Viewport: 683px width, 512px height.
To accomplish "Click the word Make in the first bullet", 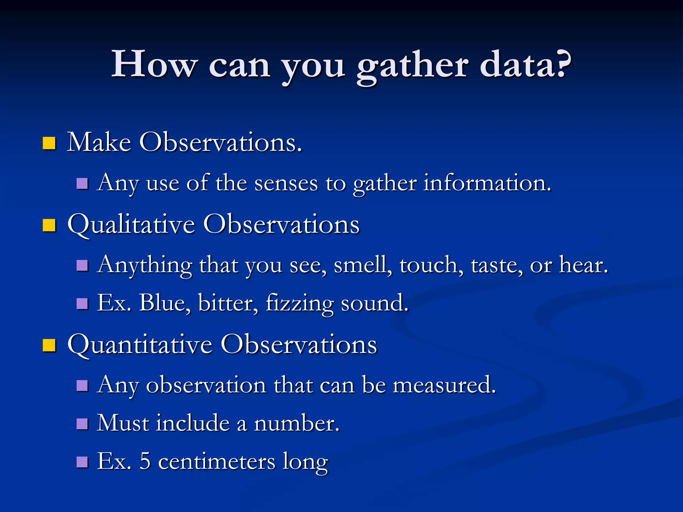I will tap(99, 142).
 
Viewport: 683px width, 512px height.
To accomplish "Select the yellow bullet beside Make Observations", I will tap(49, 143).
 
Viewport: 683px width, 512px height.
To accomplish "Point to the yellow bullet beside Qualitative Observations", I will tap(49, 225).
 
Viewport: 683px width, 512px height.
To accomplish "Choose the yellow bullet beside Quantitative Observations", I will tap(49, 345).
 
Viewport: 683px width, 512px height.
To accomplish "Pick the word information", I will tap(487, 183).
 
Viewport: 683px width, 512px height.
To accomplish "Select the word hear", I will tap(584, 266).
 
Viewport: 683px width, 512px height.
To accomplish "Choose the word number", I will tap(297, 424).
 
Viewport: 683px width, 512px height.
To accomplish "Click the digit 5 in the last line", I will tap(145, 462).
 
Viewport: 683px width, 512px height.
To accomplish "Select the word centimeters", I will tap(217, 462).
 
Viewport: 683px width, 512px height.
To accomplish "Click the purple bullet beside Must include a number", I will tap(82, 424).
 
